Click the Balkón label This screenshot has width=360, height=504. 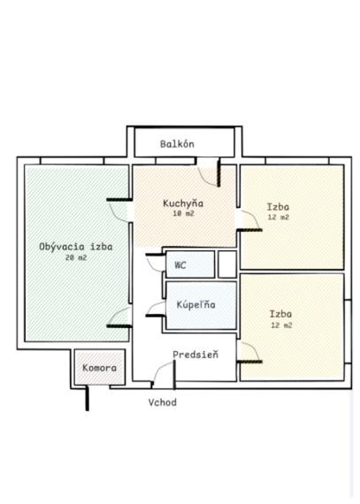[x=177, y=143]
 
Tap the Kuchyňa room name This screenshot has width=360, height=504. [x=183, y=203]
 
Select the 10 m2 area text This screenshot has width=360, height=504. [x=183, y=213]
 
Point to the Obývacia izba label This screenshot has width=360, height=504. [x=76, y=247]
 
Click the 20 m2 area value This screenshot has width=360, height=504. [x=76, y=257]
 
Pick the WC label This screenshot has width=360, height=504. [x=180, y=265]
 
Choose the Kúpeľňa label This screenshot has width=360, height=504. [x=195, y=304]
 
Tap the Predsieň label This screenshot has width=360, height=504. [x=195, y=355]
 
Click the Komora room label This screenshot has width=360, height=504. [x=99, y=368]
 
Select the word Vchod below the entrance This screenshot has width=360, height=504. [x=163, y=402]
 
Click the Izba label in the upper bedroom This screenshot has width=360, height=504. [x=278, y=206]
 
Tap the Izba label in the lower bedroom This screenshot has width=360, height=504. [x=280, y=314]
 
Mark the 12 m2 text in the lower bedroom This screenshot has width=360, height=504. [x=281, y=325]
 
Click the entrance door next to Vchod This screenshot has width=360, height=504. [x=164, y=374]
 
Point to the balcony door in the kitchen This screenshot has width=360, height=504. [x=209, y=172]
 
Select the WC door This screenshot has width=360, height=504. [x=156, y=263]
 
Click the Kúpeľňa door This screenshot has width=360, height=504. [x=156, y=309]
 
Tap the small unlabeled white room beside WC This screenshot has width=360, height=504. [x=227, y=264]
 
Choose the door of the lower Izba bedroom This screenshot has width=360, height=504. [x=249, y=353]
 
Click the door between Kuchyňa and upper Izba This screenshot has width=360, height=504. [x=249, y=221]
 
